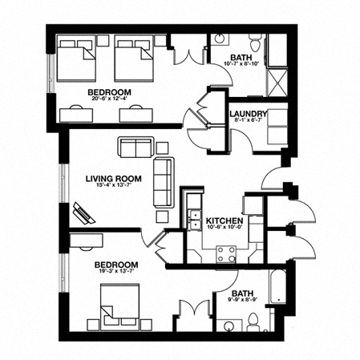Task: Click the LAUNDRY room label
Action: (x=248, y=113)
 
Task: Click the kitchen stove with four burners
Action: (x=227, y=254)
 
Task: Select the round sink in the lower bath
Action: (x=230, y=326)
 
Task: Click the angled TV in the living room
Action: (x=83, y=212)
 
